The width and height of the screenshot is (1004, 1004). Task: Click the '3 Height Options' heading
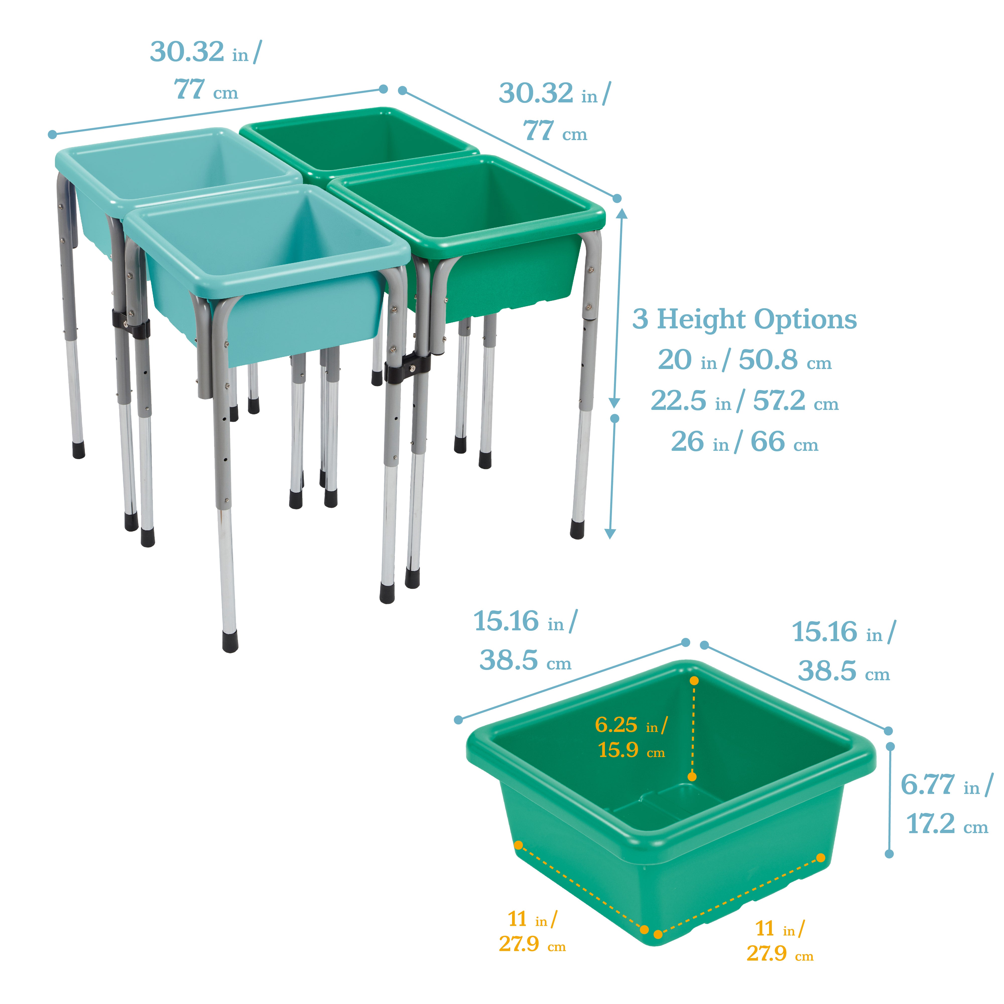[744, 319]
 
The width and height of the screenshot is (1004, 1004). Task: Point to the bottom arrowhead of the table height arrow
[611, 534]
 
